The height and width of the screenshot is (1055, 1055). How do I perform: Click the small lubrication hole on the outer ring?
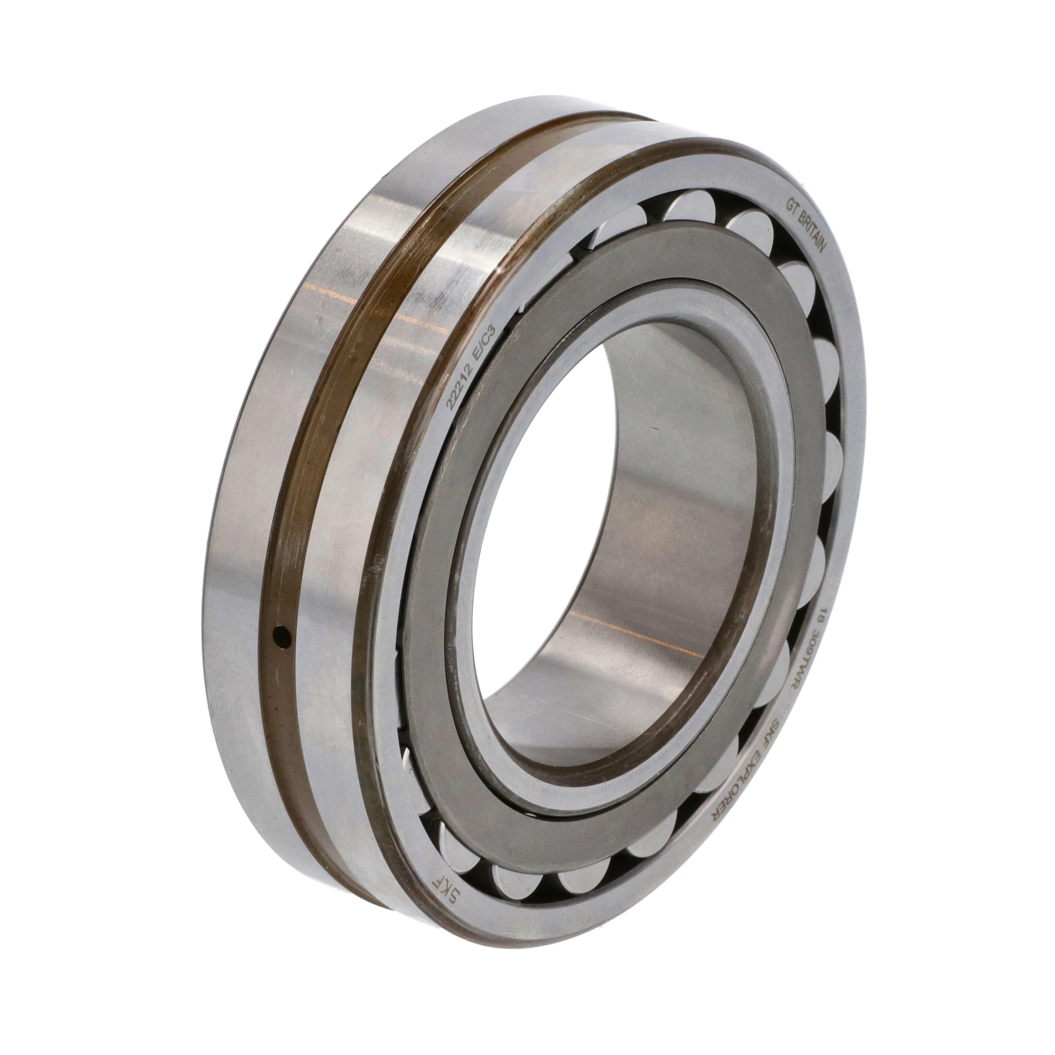282,635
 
